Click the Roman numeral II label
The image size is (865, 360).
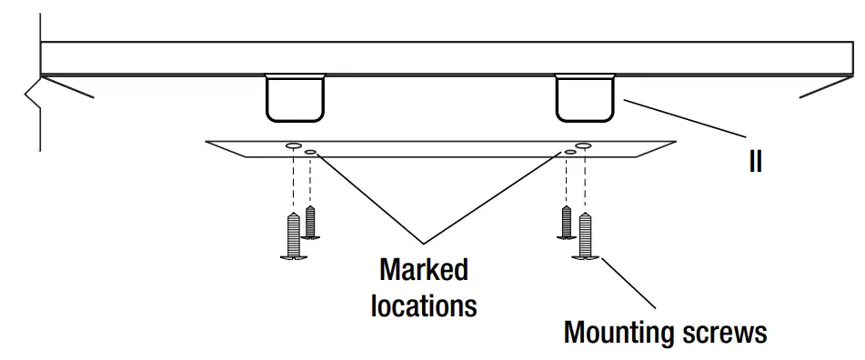point(754,162)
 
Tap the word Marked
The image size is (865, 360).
point(423,270)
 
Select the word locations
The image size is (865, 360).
point(423,305)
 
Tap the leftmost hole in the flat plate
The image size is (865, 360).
point(293,145)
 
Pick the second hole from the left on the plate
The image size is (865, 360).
point(311,152)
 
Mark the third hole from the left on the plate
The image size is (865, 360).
point(569,152)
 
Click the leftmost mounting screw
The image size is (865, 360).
point(293,236)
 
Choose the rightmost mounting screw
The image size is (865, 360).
point(585,236)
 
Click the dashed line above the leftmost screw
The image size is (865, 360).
point(293,182)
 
